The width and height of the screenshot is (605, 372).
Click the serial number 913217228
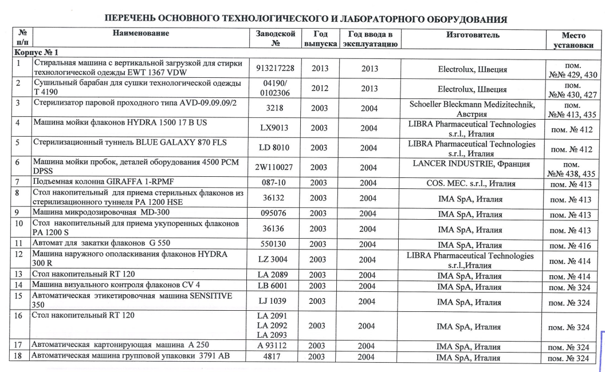click(x=275, y=68)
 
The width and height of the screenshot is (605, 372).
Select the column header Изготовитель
click(x=472, y=35)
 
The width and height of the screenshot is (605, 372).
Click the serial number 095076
click(x=275, y=214)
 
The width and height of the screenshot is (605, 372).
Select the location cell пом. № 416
click(x=569, y=246)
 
